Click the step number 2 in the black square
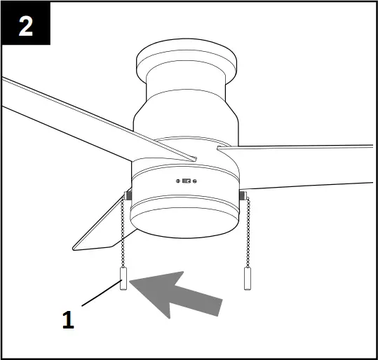pos(25,27)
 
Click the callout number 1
pos(68,321)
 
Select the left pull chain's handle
pos(122,284)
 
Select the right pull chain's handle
pos(247,277)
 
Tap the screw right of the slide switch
pos(196,181)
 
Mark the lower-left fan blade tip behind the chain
pos(95,231)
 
